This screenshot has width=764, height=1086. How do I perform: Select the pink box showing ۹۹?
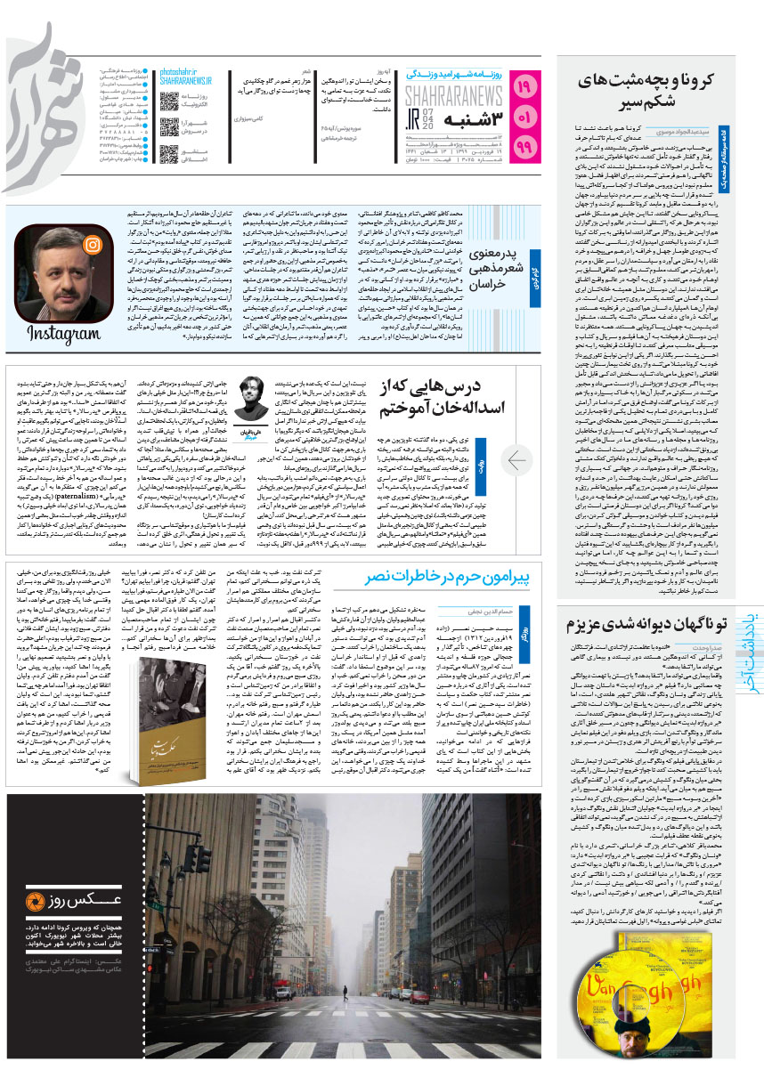527,145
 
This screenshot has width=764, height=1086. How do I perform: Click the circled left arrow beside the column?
518,459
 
